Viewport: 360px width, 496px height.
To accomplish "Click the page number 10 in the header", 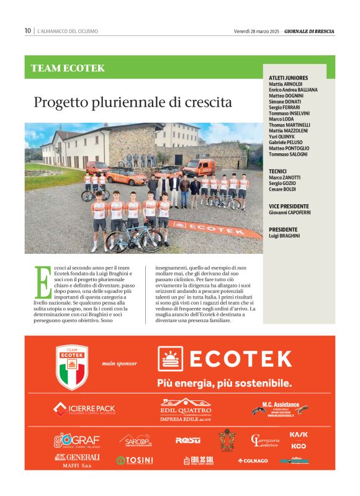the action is coord(28,30).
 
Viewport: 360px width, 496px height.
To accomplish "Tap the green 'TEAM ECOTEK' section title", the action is coord(68,68).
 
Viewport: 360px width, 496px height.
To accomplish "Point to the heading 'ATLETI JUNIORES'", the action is coord(289,78).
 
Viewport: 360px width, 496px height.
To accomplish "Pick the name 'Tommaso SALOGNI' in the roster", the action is coord(289,155).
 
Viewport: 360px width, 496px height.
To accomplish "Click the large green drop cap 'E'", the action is coord(42,282).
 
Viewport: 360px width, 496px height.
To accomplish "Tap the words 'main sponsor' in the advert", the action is coord(119,364).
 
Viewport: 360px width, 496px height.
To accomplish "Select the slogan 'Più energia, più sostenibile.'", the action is coord(224,382).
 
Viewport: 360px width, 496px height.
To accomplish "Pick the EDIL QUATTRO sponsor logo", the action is coord(186,410).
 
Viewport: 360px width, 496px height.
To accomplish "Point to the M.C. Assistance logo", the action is coord(280,410).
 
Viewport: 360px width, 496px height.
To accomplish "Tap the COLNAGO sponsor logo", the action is coord(253,461).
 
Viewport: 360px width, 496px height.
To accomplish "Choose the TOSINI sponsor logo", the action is coord(135,461).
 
